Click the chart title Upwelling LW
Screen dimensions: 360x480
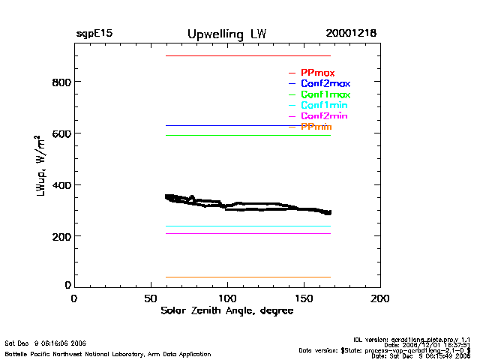coord(226,34)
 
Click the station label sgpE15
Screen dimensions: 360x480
coord(94,34)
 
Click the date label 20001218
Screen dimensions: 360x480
coord(351,34)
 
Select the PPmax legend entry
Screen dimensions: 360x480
coord(317,73)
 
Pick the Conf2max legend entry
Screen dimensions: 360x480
coord(325,84)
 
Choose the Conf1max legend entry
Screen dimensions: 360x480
coord(325,95)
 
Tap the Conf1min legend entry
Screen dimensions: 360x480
coord(324,106)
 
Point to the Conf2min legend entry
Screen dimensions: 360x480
coord(324,117)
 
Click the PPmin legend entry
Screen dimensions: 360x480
coord(316,127)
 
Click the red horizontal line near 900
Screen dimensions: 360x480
coord(247,56)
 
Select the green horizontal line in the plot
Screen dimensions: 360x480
coord(247,136)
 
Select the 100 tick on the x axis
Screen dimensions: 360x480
coord(227,298)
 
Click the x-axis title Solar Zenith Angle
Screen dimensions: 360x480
coord(226,311)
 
